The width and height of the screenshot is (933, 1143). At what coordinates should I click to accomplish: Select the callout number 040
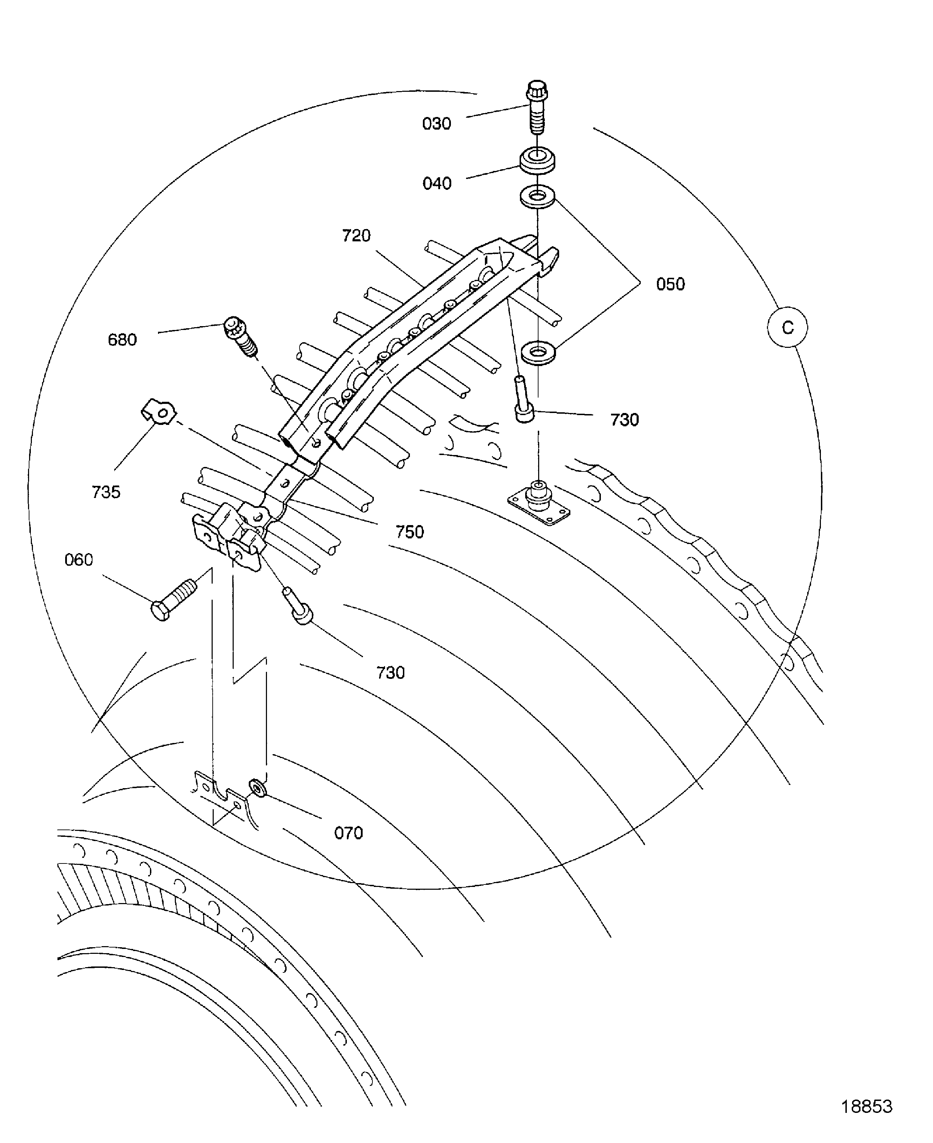[x=437, y=184]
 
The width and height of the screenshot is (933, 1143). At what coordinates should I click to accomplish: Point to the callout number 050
[x=670, y=284]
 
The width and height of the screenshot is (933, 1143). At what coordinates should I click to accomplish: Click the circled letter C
[x=787, y=327]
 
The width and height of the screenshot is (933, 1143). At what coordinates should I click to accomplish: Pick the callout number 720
[x=356, y=236]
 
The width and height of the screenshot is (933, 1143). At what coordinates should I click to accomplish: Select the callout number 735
[x=106, y=492]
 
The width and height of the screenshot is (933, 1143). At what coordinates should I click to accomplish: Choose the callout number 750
[x=410, y=532]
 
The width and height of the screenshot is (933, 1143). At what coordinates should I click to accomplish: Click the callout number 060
[x=78, y=560]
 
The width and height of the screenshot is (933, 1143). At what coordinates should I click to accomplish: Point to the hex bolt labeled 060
[x=172, y=599]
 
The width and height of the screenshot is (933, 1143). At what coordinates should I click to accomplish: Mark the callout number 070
[x=348, y=833]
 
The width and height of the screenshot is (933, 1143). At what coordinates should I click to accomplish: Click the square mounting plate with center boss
[x=538, y=503]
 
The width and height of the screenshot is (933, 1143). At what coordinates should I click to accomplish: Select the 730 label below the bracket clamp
[x=390, y=673]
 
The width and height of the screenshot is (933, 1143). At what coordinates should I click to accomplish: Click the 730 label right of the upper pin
[x=624, y=420]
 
